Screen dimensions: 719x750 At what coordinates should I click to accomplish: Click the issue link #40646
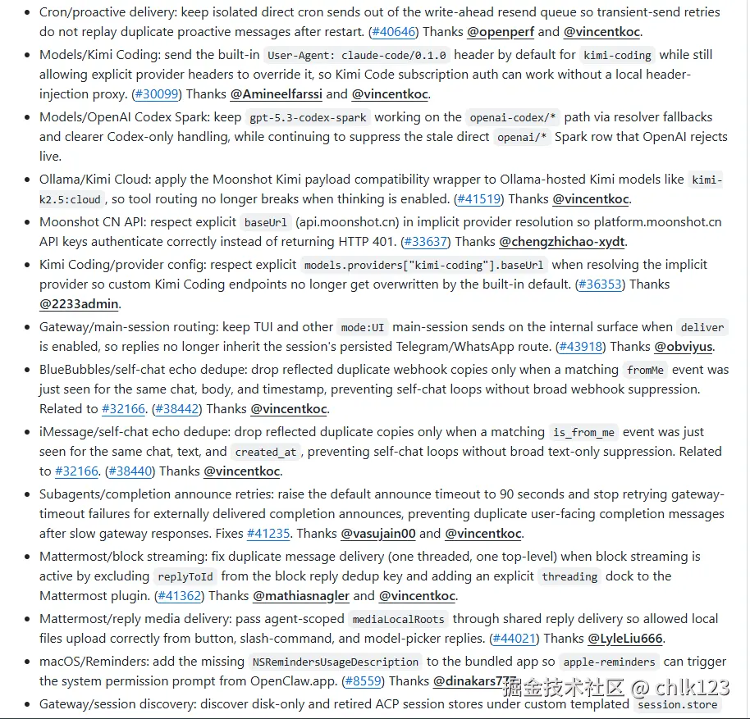click(x=394, y=32)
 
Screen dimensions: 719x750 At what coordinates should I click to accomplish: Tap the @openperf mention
click(x=501, y=32)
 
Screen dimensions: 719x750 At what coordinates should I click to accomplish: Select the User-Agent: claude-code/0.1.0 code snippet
click(x=357, y=55)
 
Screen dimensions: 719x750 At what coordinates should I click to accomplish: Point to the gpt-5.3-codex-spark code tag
click(x=309, y=117)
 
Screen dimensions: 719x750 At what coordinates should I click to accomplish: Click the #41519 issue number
click(x=479, y=199)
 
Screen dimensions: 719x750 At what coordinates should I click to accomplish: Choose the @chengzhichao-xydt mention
click(x=562, y=242)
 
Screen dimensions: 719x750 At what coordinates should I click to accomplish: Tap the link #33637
click(x=425, y=242)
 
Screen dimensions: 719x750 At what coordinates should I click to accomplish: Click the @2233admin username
click(x=80, y=304)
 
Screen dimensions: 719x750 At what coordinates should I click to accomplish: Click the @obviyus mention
click(x=684, y=347)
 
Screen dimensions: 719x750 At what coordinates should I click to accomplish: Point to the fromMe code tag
click(x=645, y=370)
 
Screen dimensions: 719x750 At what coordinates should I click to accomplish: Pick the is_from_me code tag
click(x=583, y=432)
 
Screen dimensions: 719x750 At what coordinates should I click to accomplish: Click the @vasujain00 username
click(x=378, y=534)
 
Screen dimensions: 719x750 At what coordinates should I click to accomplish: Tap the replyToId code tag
click(x=185, y=576)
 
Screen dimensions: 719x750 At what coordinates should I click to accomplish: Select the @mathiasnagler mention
click(x=301, y=596)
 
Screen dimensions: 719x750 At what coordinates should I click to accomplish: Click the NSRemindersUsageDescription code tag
click(x=336, y=662)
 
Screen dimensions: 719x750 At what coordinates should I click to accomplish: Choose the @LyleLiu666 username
click(x=625, y=639)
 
